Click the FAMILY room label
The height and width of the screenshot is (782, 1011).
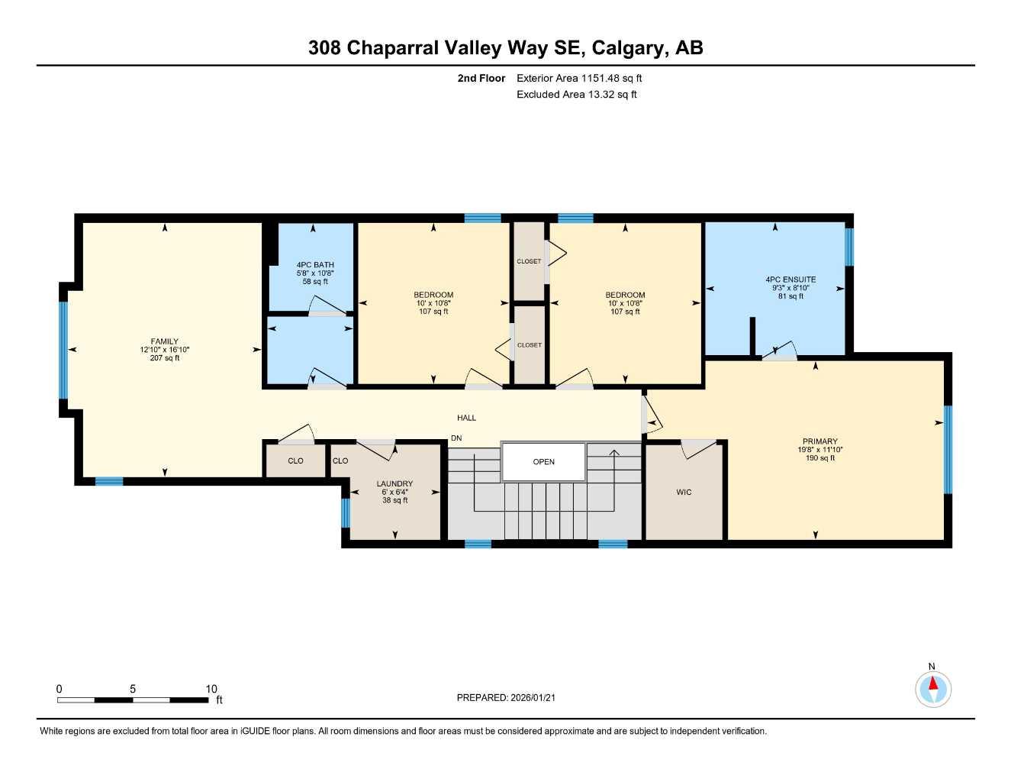pos(164,341)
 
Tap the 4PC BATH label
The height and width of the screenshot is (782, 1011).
pos(315,265)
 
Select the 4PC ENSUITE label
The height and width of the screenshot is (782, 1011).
pos(790,280)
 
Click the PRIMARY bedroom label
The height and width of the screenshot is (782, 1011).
pos(819,441)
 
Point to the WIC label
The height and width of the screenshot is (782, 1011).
pos(684,493)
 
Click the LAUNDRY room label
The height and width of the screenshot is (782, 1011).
pos(394,483)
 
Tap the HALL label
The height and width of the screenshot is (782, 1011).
pos(466,418)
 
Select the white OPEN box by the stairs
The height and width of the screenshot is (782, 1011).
pos(543,462)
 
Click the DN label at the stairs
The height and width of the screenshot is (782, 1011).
pos(456,438)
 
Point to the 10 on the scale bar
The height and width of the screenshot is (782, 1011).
pos(211,689)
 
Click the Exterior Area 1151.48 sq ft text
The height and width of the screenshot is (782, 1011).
pos(579,78)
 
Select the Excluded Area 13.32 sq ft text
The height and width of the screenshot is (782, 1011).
pos(576,95)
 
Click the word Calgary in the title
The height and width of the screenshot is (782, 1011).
pos(626,47)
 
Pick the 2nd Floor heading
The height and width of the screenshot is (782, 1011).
pos(481,78)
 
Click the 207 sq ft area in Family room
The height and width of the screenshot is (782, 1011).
pos(165,358)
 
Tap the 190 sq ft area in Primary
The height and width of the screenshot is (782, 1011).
pos(819,458)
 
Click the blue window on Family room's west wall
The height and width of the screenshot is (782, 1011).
pos(63,350)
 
